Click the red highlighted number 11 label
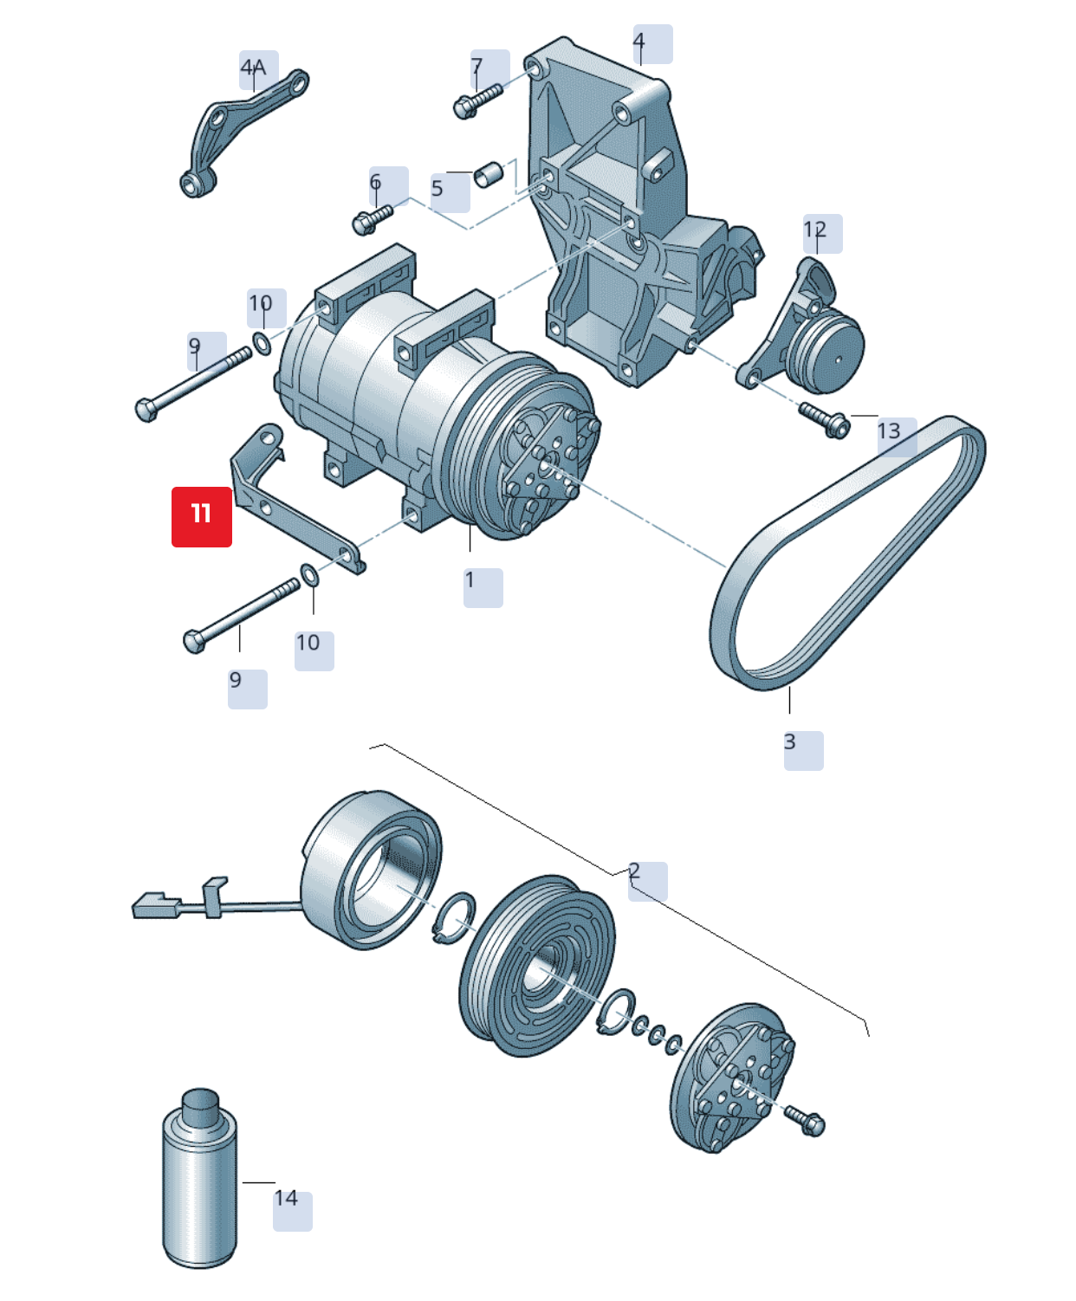(x=201, y=516)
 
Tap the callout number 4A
(x=254, y=68)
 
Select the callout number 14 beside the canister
(x=287, y=1199)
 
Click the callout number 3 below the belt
(x=790, y=742)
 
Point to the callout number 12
(x=815, y=230)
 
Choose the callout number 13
(x=890, y=431)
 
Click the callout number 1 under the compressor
(x=470, y=580)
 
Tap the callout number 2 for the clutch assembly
(x=635, y=871)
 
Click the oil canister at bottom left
(x=200, y=1181)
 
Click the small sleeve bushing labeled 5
(x=489, y=174)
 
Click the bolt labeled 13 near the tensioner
(x=824, y=419)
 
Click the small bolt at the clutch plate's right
(x=806, y=1121)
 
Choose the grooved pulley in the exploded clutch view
(x=537, y=966)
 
